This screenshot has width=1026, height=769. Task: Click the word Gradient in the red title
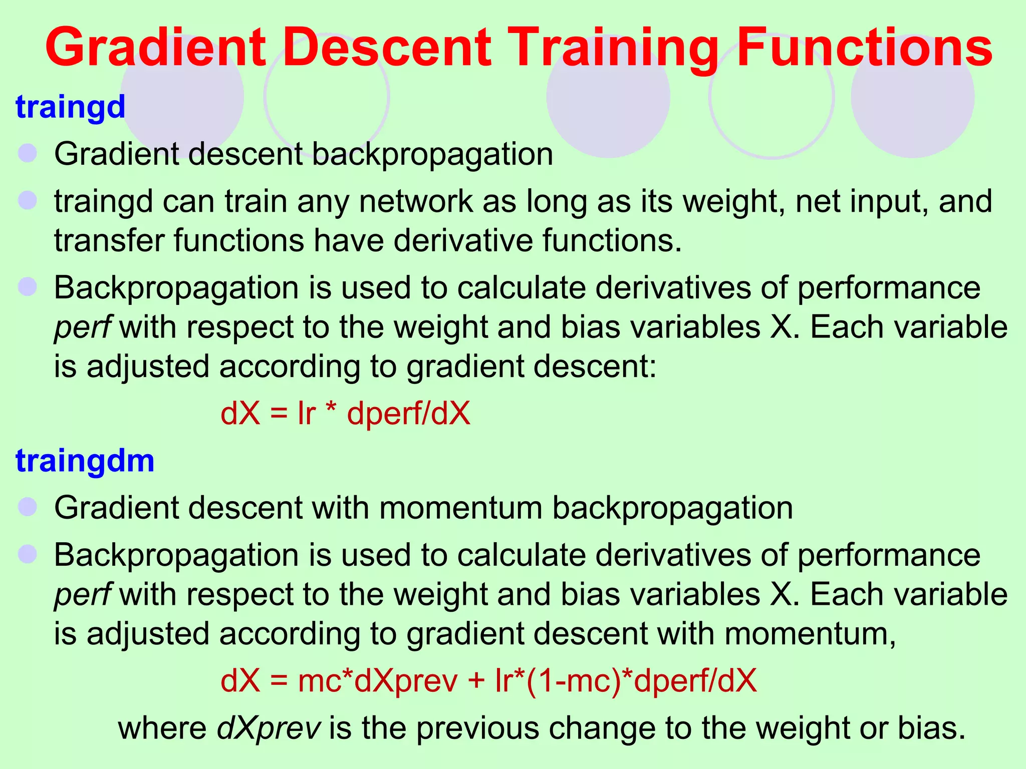point(155,48)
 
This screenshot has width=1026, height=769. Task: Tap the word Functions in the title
point(864,48)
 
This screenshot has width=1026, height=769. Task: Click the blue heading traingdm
point(85,461)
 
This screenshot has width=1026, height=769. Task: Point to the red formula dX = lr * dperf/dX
point(346,414)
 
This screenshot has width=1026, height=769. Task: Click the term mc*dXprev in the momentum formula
point(378,681)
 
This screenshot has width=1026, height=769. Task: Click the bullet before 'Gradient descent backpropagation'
point(28,153)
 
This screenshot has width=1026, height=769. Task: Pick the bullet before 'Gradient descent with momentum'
point(28,507)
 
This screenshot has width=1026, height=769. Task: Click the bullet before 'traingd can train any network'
point(28,201)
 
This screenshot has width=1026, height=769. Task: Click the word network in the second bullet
point(416,201)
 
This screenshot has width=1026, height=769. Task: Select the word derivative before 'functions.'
point(463,240)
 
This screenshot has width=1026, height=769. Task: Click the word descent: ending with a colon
point(594,366)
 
